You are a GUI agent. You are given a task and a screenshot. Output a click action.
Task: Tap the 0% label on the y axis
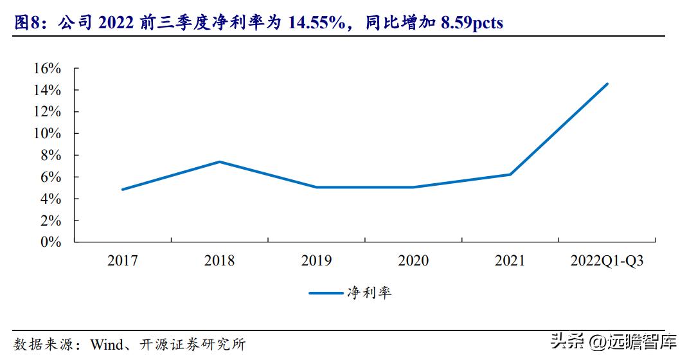52,242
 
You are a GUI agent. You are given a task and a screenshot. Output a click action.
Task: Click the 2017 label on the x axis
123,260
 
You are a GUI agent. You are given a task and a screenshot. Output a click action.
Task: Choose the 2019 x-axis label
317,260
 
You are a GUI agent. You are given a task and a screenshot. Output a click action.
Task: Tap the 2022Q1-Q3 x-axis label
607,260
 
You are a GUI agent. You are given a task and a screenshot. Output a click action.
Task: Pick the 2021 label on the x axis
510,260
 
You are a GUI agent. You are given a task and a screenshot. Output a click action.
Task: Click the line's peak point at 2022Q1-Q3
607,84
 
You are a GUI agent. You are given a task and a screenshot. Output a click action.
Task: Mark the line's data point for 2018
220,161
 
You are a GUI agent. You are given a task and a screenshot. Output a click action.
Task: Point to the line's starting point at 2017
122,190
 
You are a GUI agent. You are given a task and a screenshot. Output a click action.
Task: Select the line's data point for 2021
510,174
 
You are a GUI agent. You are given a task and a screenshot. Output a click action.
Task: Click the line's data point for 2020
413,187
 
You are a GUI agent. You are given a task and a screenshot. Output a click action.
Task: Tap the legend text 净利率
369,293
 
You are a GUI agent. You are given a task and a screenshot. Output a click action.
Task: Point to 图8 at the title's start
26,23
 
